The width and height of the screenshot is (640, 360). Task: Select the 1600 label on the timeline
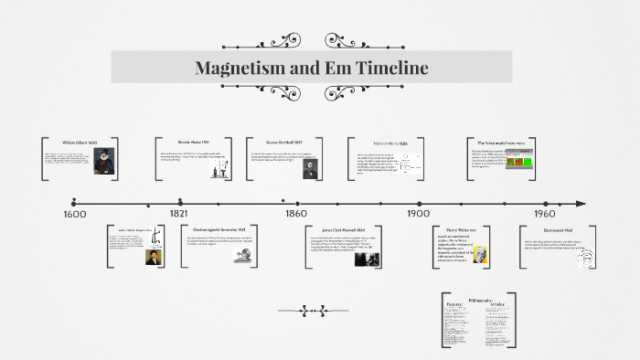(74, 214)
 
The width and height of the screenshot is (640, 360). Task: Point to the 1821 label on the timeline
(178, 213)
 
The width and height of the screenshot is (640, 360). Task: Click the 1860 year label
(295, 213)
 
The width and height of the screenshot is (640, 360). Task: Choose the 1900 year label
(418, 213)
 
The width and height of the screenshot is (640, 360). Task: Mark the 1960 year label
(545, 213)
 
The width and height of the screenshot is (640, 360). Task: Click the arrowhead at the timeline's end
(581, 203)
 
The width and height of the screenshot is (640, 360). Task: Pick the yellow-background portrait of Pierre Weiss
(481, 256)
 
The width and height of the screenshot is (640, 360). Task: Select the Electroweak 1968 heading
(557, 229)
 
